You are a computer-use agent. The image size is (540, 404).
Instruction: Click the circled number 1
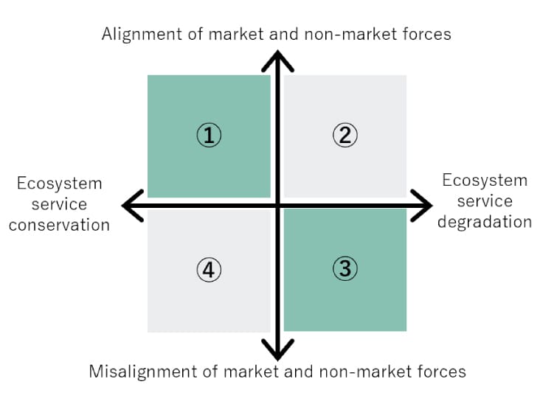(210, 135)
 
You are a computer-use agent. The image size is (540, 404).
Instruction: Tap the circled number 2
(345, 135)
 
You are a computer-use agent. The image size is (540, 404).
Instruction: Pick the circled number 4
(210, 270)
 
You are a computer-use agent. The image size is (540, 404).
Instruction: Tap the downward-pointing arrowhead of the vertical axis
(277, 349)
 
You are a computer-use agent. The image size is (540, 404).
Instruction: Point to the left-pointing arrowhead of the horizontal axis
(131, 205)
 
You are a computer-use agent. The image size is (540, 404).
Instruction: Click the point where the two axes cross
(277, 205)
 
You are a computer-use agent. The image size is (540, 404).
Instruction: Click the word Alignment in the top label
(138, 34)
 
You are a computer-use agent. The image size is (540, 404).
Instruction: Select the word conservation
(59, 225)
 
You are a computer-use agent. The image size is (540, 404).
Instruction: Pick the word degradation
(485, 221)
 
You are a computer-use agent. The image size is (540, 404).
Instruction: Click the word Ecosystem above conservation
(59, 183)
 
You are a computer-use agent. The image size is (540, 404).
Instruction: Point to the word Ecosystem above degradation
(485, 180)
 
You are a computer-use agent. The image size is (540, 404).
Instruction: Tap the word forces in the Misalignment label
(442, 371)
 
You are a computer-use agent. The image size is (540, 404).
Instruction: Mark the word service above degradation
(485, 201)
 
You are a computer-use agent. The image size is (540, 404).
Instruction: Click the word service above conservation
(59, 204)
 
